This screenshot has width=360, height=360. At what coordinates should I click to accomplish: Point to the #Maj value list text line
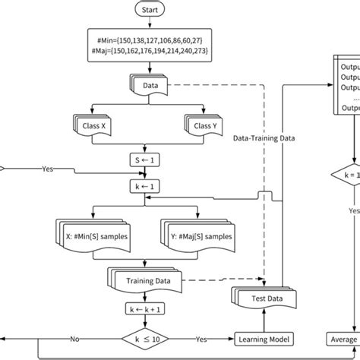(x=149, y=49)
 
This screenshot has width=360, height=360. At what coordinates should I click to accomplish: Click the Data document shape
(x=149, y=86)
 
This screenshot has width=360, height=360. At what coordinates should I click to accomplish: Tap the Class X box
(x=93, y=123)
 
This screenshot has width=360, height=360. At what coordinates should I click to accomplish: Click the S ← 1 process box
(x=149, y=159)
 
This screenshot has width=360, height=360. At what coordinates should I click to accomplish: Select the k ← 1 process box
(x=149, y=185)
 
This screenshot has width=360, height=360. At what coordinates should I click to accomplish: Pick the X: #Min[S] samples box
(x=93, y=236)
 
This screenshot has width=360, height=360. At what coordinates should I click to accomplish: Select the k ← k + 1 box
(x=149, y=309)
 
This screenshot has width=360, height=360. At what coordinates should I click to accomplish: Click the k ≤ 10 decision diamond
(x=149, y=339)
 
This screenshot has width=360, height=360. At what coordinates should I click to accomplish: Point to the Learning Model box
(x=263, y=339)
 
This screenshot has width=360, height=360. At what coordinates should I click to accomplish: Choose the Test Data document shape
(x=262, y=298)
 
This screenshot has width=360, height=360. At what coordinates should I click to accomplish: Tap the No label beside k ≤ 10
(x=76, y=339)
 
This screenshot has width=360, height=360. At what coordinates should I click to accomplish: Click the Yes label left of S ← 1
(x=47, y=169)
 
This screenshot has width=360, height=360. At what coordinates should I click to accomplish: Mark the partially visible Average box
(x=343, y=339)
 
